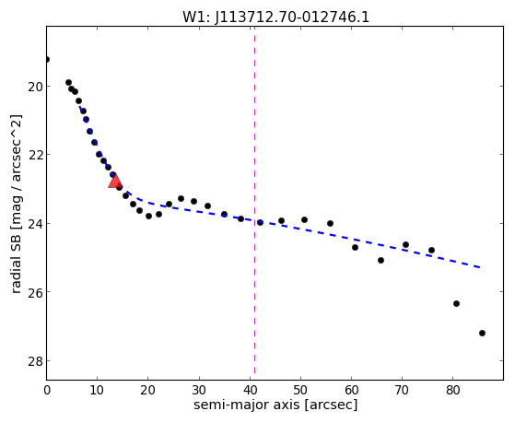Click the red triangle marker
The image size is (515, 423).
coord(115,182)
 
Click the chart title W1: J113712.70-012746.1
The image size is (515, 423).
coord(275,18)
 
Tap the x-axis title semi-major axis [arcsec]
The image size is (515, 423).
coord(275,405)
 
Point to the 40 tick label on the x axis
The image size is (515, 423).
coord(250,390)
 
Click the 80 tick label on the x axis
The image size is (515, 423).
coord(453,390)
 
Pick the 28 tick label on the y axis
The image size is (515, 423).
coord(35,361)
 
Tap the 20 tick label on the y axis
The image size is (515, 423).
coord(35,87)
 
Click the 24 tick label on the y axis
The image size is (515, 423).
coord(35,224)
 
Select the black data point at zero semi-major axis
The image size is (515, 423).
coord(47,60)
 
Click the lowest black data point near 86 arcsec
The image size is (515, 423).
coord(482,334)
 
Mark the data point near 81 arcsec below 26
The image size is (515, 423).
coord(456,304)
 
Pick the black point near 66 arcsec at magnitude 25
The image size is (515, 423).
coord(380,260)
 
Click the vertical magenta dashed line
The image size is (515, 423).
coord(254,201)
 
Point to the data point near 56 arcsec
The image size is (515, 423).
coord(330,224)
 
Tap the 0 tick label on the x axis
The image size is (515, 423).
coord(47,390)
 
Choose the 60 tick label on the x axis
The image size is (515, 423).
coord(351,390)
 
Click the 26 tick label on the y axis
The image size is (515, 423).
coord(35,292)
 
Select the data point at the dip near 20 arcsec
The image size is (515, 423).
coord(148,216)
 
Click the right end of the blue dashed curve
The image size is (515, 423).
coord(481,267)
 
